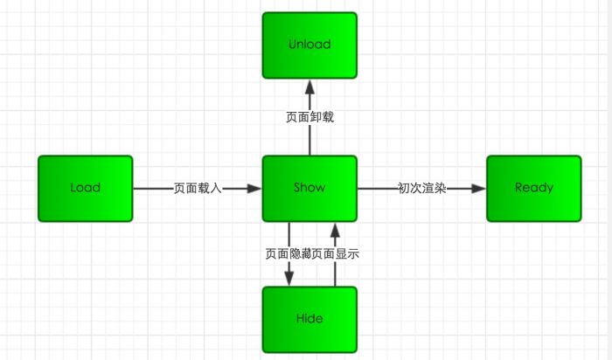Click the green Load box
pyautogui.click(x=85, y=188)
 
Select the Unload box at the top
pyautogui.click(x=309, y=45)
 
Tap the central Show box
pyautogui.click(x=309, y=188)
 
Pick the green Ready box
pyautogui.click(x=533, y=188)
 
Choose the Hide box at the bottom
pyautogui.click(x=309, y=319)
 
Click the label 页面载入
pyautogui.click(x=198, y=188)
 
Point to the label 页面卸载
pyautogui.click(x=309, y=116)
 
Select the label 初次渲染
pyautogui.click(x=421, y=188)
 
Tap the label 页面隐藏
pyautogui.click(x=288, y=254)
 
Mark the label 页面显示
pyautogui.click(x=336, y=254)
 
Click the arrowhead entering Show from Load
pyautogui.click(x=254, y=188)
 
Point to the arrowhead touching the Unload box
pyautogui.click(x=309, y=86)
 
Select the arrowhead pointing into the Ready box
pyautogui.click(x=478, y=188)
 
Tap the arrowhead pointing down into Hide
pyautogui.click(x=289, y=279)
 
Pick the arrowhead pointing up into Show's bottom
pyautogui.click(x=334, y=230)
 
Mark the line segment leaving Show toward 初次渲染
pyautogui.click(x=376, y=188)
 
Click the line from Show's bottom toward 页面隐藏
pyautogui.click(x=289, y=233)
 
